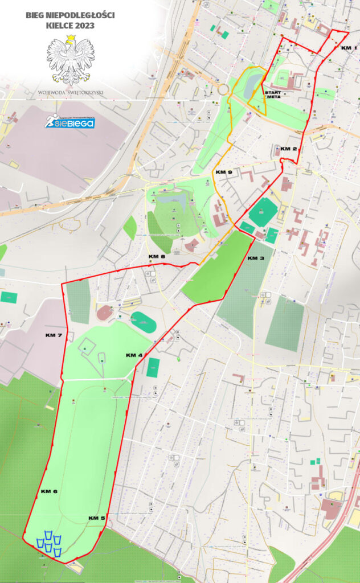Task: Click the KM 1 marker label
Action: click(349, 48)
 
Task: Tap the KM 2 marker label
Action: click(289, 149)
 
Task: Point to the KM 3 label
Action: click(256, 258)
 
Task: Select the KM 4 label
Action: click(134, 355)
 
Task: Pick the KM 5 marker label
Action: click(96, 518)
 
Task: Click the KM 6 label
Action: click(49, 491)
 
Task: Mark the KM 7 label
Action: click(54, 336)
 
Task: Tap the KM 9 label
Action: click(223, 172)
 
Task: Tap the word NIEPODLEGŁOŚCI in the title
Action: click(79, 15)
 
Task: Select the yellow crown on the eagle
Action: click(71, 38)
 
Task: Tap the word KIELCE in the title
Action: click(59, 26)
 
